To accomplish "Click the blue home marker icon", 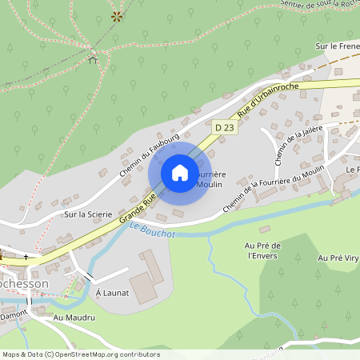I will [180, 173].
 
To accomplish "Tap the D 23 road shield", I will [223, 127].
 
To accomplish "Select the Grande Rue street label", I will [137, 207].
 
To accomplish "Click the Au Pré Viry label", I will [338, 258].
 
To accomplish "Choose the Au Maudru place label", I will [74, 318].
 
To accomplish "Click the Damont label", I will [14, 313].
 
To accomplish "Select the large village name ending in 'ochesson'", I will [24, 284].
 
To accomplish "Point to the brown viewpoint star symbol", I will [118, 15].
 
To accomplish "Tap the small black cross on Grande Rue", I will [26, 258].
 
